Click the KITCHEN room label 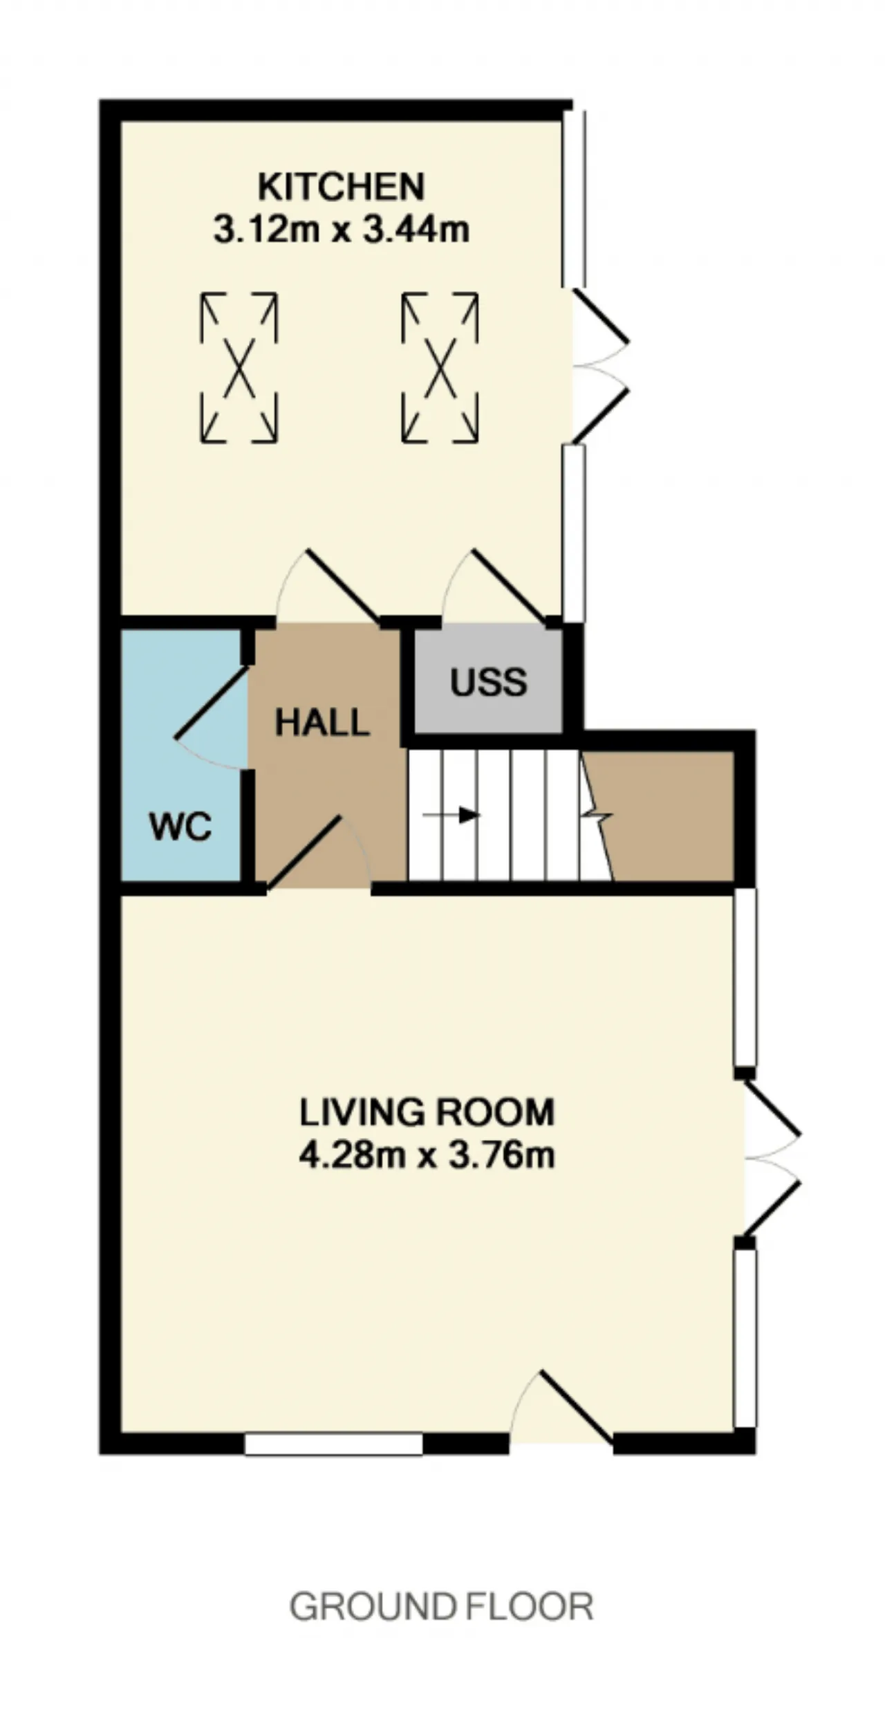point(341,187)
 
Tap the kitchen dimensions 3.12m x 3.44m point(341,229)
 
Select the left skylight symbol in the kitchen point(239,368)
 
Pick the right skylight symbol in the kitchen point(440,368)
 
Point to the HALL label point(322,724)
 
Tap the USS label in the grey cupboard point(489,683)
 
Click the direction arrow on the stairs point(451,815)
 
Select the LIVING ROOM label point(427,1112)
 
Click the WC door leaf point(212,702)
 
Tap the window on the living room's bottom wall point(334,1444)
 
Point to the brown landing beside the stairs point(664,816)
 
